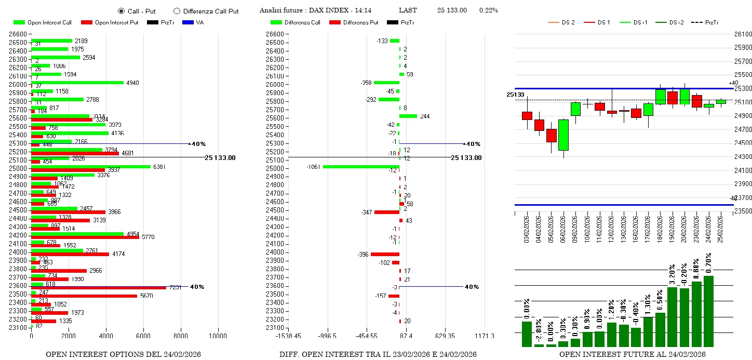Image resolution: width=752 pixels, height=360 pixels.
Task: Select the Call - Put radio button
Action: (x=122, y=11)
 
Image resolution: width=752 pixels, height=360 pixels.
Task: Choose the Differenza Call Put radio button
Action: (x=177, y=11)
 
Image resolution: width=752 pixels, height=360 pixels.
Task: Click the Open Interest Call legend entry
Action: (x=43, y=22)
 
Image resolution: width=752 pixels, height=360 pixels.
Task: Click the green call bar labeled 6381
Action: (x=91, y=167)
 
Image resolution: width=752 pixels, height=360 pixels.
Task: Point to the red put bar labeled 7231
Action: (x=99, y=288)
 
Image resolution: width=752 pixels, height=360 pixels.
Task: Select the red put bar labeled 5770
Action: (x=85, y=237)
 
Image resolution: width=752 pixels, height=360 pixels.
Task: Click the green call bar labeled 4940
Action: (x=77, y=82)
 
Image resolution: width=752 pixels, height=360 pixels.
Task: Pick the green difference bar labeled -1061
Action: (x=361, y=167)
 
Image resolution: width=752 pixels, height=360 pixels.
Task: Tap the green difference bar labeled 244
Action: (x=408, y=116)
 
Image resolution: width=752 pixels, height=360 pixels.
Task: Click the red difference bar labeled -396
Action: (x=385, y=254)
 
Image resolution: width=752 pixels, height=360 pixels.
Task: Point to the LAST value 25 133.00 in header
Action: (x=452, y=10)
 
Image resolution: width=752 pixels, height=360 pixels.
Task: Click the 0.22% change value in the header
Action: (x=488, y=10)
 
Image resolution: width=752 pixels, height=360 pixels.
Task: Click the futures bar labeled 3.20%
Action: (x=672, y=316)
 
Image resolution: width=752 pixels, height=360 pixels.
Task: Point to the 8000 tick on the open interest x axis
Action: (x=181, y=336)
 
